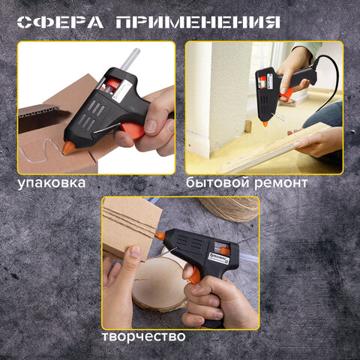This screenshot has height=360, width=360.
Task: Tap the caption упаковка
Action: coord(53,182)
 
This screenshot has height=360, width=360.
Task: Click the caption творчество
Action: coord(144,336)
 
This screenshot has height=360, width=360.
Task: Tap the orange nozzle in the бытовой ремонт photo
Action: coord(286,93)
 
